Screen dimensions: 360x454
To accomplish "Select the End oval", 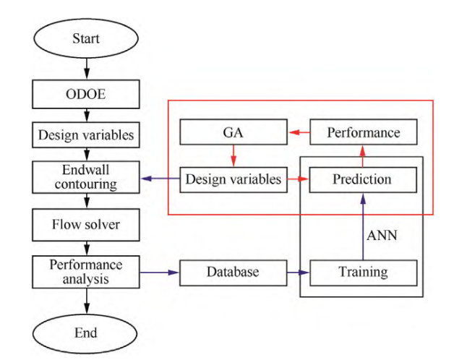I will pos(86,333).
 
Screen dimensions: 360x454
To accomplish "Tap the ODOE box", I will pos(86,93).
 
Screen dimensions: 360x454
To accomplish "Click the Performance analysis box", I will pos(86,273).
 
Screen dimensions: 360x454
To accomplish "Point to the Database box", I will pos(233,273).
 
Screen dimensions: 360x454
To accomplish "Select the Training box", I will pos(363,273).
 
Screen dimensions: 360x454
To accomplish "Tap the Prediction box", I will pos(363,179).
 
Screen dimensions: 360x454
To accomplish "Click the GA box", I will pos(233,133).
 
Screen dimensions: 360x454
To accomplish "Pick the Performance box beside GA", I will pos(363,133).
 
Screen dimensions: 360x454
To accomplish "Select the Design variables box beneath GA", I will pos(233,179).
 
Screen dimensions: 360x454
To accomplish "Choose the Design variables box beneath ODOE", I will pos(86,134).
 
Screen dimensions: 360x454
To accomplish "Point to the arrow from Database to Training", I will pos(297,273).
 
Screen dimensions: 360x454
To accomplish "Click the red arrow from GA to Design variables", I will pos(233,156).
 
